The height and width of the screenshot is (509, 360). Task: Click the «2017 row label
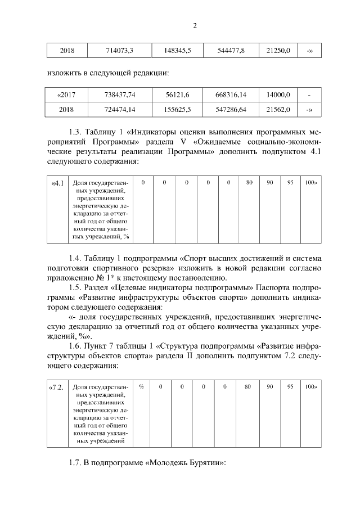pos(66,95)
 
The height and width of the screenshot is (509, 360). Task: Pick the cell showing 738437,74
pos(120,95)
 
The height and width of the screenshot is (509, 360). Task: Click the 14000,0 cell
pos(278,95)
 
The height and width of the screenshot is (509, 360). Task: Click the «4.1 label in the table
pos(57,183)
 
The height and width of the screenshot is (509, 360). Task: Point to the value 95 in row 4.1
pos(290,183)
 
